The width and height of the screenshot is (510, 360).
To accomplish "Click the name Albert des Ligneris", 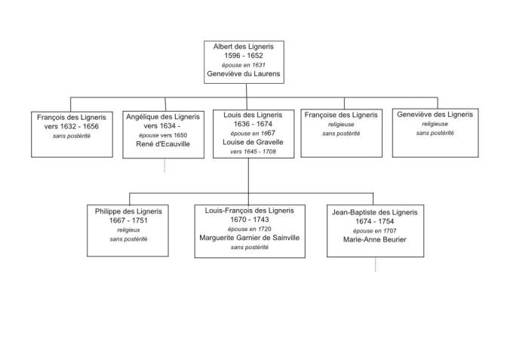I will pos(243,47).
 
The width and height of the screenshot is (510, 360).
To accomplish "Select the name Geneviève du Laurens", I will pos(243,75).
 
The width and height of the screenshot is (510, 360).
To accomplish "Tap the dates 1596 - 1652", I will pos(243,56).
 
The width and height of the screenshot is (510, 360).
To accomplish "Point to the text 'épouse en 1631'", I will pos(243,65).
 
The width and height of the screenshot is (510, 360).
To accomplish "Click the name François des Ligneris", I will pos(72,117).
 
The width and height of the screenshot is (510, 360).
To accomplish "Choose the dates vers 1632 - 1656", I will pos(72,126).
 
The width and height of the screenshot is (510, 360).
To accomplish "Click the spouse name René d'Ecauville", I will pos(163,143).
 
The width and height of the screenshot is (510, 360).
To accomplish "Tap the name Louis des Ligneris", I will pos(248,115).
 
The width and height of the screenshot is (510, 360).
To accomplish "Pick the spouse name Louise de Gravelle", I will pos(248,142).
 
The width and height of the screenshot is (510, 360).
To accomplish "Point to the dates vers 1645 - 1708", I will pos(248,151).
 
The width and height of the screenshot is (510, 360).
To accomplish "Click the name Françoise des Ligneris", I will pos(341,115).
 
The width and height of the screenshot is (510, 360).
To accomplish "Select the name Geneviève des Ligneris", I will pos(435,115).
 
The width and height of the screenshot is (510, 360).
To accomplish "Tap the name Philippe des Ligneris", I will pos(128,211).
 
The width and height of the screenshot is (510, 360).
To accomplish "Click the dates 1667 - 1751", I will pos(128,221).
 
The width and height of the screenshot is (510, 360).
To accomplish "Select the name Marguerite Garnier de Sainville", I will pos(249,237).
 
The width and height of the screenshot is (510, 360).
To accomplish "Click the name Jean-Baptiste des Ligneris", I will pos(375,213).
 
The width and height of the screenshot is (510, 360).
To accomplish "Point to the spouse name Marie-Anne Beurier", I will pos(375,240).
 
